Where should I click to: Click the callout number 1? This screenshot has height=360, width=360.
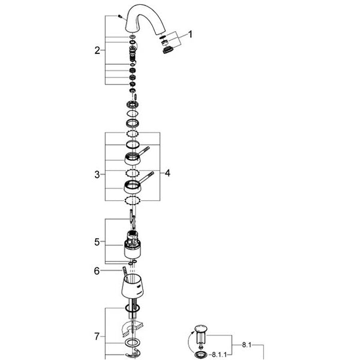click(190, 34)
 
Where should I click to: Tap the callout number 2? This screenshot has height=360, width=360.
click(97, 50)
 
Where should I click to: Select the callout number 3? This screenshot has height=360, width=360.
click(97, 175)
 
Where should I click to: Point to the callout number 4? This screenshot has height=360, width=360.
click(167, 173)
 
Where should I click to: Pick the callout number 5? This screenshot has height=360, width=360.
click(97, 242)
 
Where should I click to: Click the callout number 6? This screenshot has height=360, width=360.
click(97, 271)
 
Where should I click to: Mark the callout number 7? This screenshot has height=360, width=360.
click(97, 337)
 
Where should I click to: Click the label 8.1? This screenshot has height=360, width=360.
click(247, 345)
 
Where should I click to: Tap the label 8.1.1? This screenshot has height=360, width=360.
click(219, 355)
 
